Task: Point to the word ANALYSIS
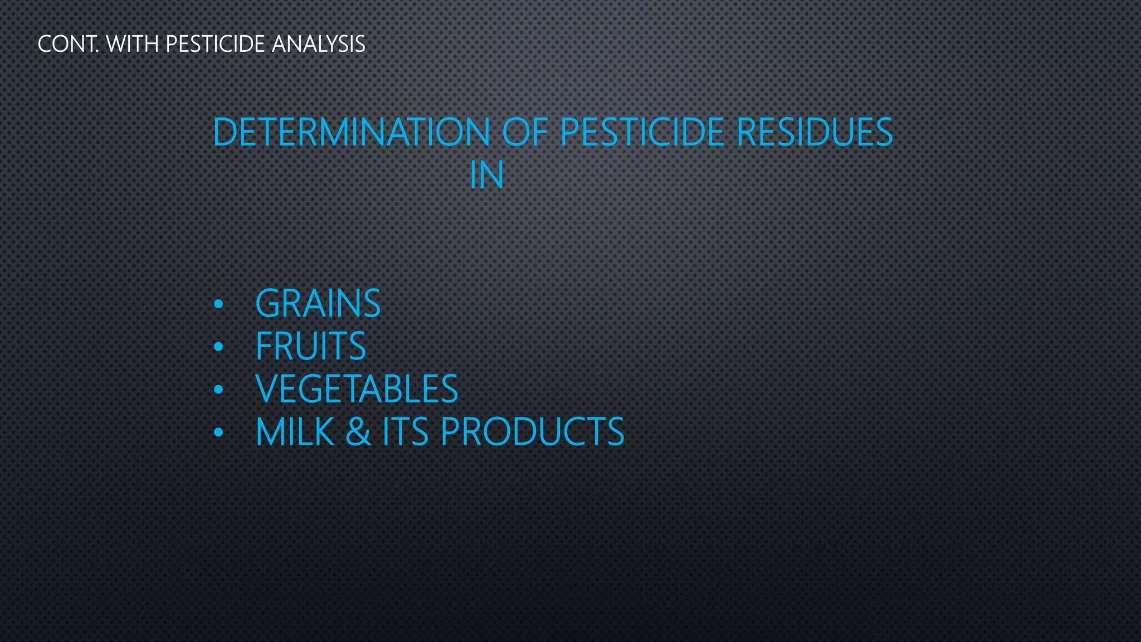coord(318,44)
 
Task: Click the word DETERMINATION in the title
coord(352,132)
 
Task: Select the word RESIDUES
coord(815,132)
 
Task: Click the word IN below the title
coord(487,175)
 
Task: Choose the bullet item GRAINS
coord(318,304)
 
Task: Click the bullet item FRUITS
coord(310,346)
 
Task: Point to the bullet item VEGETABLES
coord(357,389)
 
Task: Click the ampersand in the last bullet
coord(358,432)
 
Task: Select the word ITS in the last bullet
coord(405,432)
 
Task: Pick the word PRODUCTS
coord(532,432)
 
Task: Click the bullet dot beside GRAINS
coord(218,304)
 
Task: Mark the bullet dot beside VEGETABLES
coord(218,390)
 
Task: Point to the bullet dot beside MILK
coord(218,432)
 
